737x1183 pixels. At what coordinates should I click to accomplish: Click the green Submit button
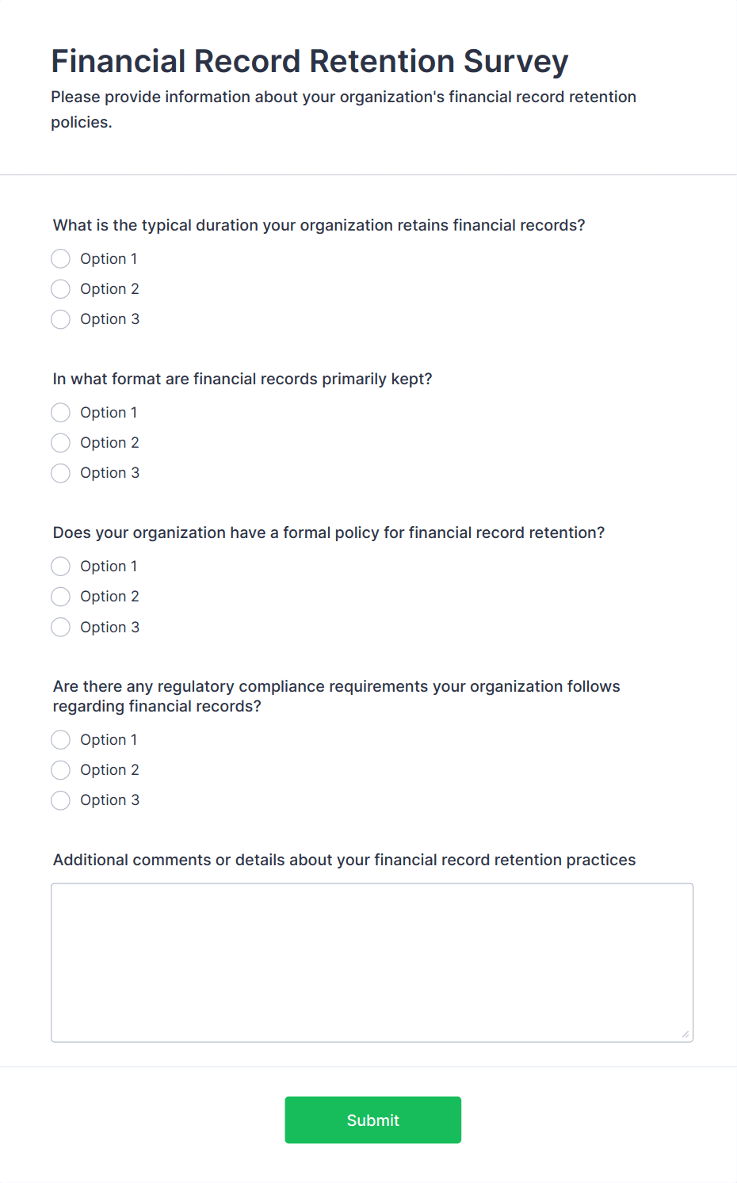click(x=372, y=1120)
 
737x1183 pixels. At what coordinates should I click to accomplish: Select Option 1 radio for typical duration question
click(x=60, y=259)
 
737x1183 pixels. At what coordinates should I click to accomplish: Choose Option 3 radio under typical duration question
click(x=60, y=319)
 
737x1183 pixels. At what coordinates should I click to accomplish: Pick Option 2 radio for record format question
click(x=60, y=443)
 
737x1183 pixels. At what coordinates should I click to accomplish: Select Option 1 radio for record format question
click(x=60, y=413)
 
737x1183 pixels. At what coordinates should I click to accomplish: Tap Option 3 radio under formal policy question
click(x=60, y=628)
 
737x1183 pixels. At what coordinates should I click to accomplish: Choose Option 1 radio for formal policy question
click(x=60, y=567)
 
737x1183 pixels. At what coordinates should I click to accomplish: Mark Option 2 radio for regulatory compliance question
click(x=60, y=770)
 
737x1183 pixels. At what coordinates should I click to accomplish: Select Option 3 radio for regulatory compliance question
click(x=60, y=800)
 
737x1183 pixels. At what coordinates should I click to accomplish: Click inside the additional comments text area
click(x=372, y=962)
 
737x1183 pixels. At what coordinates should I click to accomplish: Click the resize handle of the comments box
click(x=685, y=1034)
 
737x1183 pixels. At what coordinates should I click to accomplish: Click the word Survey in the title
click(x=516, y=62)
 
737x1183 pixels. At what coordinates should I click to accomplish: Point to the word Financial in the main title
click(x=119, y=62)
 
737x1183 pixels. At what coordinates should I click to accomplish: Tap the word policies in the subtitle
click(x=81, y=122)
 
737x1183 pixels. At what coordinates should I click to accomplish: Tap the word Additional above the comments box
click(x=90, y=860)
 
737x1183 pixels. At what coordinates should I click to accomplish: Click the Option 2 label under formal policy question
click(x=109, y=597)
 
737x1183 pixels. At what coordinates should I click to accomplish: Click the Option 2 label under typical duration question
click(x=109, y=289)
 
